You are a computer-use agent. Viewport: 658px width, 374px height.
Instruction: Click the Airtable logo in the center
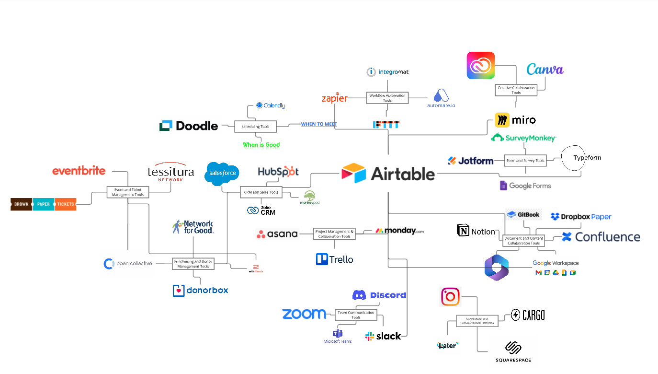coord(388,174)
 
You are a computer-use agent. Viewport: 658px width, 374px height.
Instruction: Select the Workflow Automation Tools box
coord(387,98)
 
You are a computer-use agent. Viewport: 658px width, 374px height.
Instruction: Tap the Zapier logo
coord(334,98)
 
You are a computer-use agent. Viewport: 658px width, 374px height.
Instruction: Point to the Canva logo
coord(545,70)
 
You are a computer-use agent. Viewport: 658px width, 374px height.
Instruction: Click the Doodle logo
coord(189,126)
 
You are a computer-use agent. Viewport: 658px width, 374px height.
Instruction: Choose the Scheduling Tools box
coord(255,127)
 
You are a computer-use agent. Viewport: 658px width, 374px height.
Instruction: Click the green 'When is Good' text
coord(261,144)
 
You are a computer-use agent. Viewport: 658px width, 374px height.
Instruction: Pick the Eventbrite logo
coord(79,171)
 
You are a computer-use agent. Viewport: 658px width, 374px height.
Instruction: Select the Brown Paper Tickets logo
coord(44,204)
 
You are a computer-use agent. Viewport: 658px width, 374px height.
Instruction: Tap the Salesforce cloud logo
coord(222,173)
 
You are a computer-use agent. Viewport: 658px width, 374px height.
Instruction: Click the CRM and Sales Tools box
coord(261,192)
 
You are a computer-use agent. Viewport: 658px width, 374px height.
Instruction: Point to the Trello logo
coord(335,259)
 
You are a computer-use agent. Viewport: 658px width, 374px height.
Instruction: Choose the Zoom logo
coord(304,314)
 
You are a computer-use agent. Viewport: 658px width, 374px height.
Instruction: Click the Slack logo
coord(383,336)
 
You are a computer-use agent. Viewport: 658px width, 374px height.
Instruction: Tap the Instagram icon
coord(450,297)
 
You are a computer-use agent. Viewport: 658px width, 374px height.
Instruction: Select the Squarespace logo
coord(513,352)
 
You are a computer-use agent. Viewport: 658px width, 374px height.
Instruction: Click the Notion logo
coord(476,231)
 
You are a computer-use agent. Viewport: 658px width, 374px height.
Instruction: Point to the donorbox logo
coord(201,290)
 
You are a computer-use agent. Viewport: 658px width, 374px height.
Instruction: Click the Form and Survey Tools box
coord(526,161)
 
